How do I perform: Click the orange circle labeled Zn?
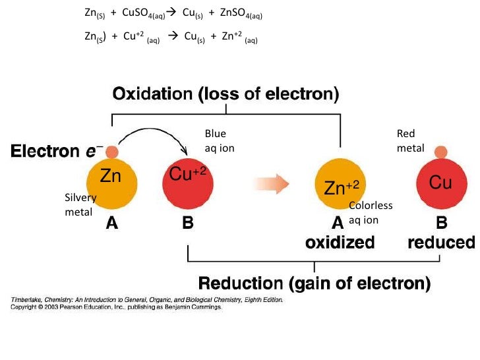tap(111, 182)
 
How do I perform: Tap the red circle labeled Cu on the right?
tap(440, 183)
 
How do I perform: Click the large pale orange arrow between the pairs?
tap(273, 183)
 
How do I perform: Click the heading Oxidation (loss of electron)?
tap(225, 94)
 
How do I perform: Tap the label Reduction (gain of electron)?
tap(315, 284)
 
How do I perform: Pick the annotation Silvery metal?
tap(80, 204)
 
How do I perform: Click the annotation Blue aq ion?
tap(220, 141)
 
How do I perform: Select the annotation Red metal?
tap(410, 141)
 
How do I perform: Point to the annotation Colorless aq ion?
tap(370, 212)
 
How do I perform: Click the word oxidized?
tap(340, 243)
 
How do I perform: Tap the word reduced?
tap(441, 243)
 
